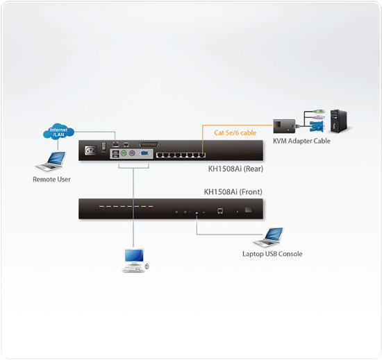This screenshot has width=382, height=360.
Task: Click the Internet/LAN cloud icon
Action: click(x=57, y=131)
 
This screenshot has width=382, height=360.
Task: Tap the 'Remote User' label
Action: click(x=51, y=180)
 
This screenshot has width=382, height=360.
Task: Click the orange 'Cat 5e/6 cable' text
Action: click(x=235, y=132)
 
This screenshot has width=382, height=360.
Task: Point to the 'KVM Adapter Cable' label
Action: click(x=301, y=141)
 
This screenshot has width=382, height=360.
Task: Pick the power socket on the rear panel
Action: click(x=90, y=149)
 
